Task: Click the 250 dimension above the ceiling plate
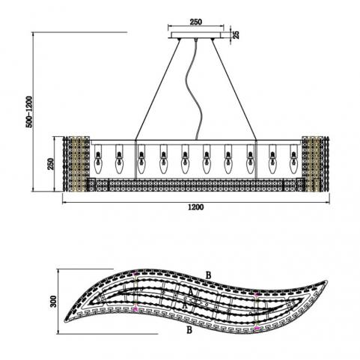196,22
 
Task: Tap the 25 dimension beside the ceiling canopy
236,34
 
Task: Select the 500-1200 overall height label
29,112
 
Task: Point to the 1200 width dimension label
196,207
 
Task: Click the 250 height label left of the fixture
51,164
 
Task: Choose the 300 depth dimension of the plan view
53,301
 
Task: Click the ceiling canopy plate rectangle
196,35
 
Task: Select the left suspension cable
158,89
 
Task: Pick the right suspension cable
234,89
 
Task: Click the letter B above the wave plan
208,275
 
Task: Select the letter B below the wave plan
189,330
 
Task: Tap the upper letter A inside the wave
191,292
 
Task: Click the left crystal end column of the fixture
76,164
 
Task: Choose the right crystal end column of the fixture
315,164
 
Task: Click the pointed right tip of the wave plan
326,282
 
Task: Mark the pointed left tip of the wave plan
65,322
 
